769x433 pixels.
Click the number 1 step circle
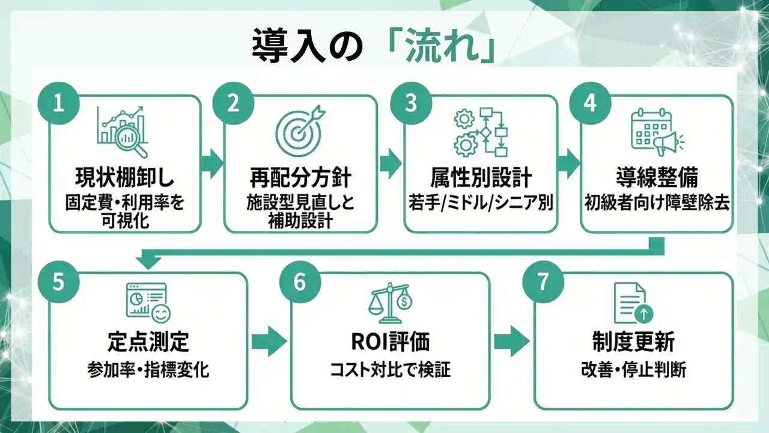[58, 103]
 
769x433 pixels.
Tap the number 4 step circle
[590, 103]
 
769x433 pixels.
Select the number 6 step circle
[300, 281]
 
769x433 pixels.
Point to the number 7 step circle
[543, 281]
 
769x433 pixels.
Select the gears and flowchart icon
[481, 132]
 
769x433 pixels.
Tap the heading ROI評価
[391, 342]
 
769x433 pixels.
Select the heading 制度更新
[633, 342]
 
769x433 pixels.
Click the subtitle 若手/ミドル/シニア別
[480, 203]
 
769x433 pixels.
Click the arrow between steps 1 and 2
[211, 163]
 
